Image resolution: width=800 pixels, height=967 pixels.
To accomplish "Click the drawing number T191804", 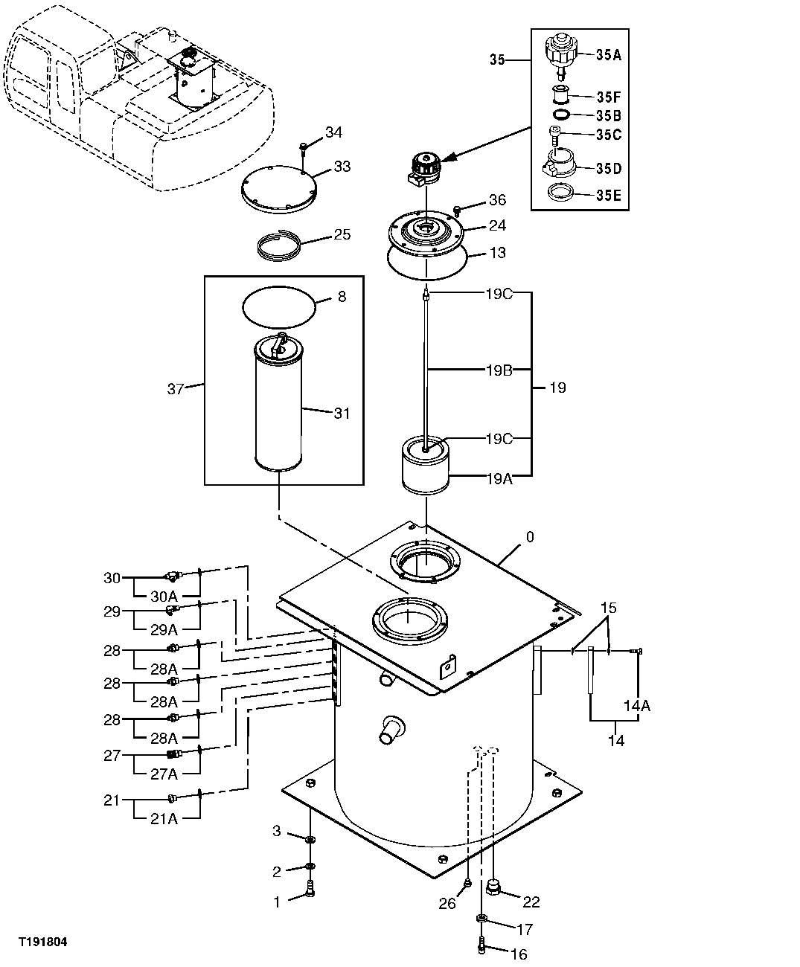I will coord(43,942).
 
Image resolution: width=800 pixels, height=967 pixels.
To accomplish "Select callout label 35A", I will coord(608,54).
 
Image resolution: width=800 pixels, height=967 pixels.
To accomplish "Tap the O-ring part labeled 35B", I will coord(563,115).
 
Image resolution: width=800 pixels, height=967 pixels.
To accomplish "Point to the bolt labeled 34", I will coord(304,146).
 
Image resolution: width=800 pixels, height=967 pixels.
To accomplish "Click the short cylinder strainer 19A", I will coord(426,465).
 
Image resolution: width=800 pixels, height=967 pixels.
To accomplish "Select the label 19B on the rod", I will coord(500,368).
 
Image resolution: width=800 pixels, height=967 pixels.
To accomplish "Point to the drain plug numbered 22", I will coord(493,886).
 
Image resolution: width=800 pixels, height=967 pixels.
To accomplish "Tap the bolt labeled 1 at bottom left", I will coord(311,888).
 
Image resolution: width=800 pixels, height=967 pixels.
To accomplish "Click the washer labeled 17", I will coord(482,921).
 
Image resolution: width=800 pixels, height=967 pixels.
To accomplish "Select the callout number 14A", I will coord(637,706).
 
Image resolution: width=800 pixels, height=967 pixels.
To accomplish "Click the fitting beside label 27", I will coord(173,754).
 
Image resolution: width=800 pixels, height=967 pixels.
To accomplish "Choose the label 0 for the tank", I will coord(530,537).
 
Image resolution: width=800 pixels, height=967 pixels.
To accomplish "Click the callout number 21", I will coord(112,800).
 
